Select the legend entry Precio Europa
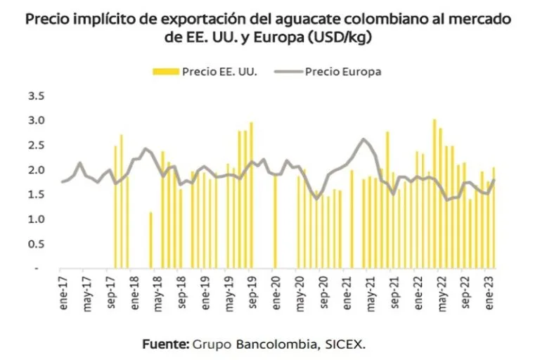(x=343, y=71)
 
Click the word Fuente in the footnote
(x=165, y=345)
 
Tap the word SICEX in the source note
(x=346, y=345)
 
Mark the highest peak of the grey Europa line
(x=363, y=139)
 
